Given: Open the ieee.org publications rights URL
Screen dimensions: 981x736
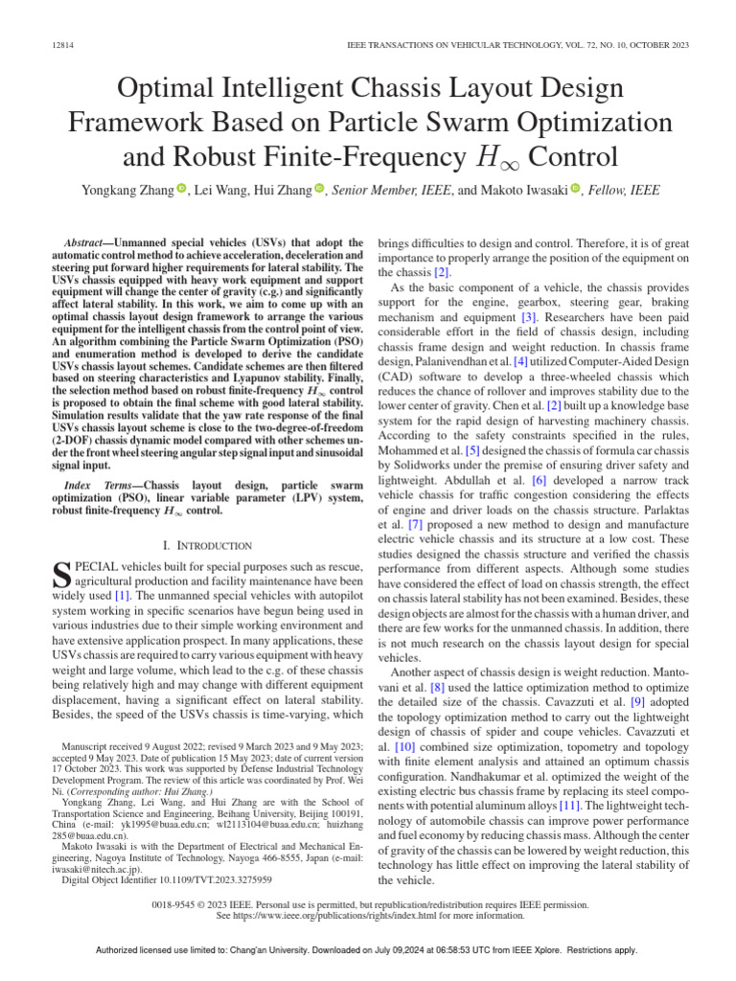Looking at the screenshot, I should (x=382, y=914).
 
